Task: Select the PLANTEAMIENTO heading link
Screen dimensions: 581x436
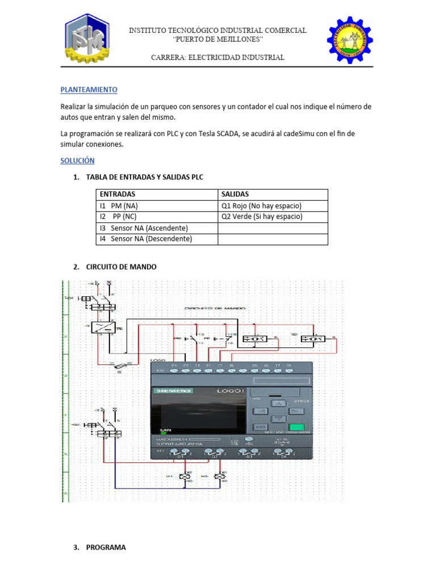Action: (89, 90)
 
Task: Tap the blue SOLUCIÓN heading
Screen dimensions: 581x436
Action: (77, 161)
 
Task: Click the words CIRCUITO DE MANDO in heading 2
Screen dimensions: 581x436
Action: (121, 267)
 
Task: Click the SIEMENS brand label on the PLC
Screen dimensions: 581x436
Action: (173, 390)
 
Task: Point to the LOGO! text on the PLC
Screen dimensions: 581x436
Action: (230, 391)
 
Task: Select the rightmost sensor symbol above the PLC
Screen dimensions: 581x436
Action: (313, 339)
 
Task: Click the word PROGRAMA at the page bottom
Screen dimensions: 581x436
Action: (106, 548)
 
